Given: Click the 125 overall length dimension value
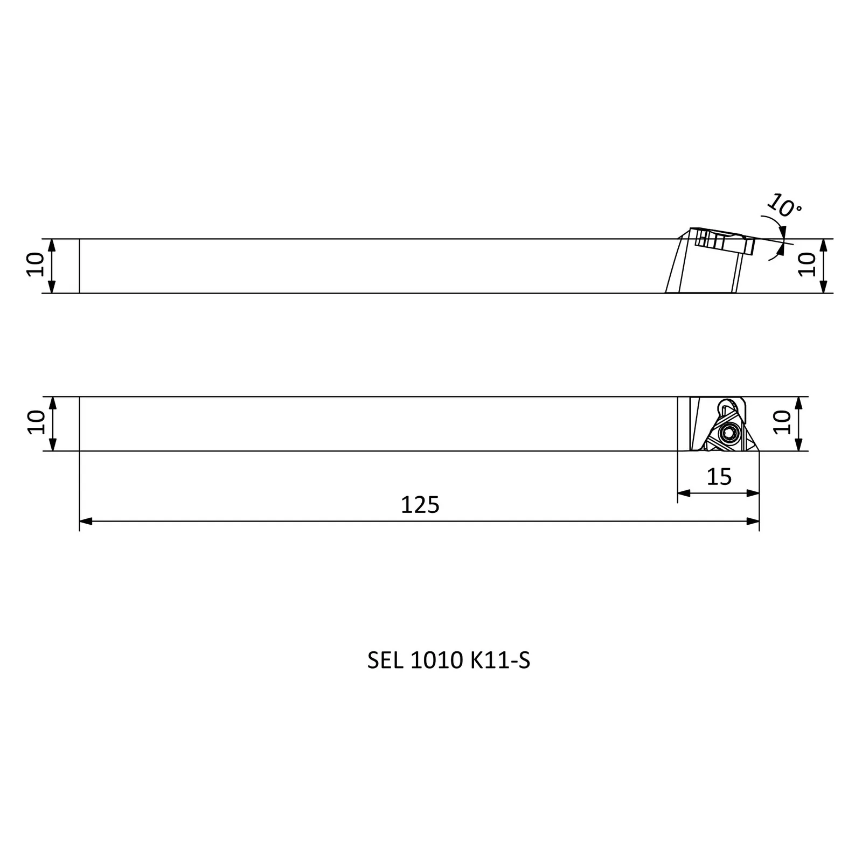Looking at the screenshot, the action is coord(420,505).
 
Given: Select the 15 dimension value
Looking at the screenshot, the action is coord(719,477).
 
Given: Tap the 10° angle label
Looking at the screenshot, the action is coord(784,205).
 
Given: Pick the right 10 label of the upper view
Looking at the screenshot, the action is coord(807,265).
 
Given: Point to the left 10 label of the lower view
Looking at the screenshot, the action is coord(36,422).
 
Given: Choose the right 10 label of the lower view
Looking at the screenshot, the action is coord(782,422).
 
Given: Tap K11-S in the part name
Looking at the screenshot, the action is coord(500,661).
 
